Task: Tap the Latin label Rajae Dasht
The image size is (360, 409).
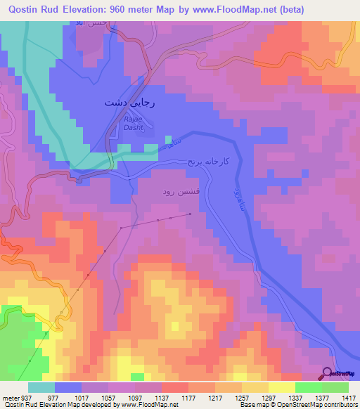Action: coord(135,124)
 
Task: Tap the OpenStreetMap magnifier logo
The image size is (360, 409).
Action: coord(328,373)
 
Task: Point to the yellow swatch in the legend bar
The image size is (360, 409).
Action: coord(281,387)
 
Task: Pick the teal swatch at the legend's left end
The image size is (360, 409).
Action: coord(41,387)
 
